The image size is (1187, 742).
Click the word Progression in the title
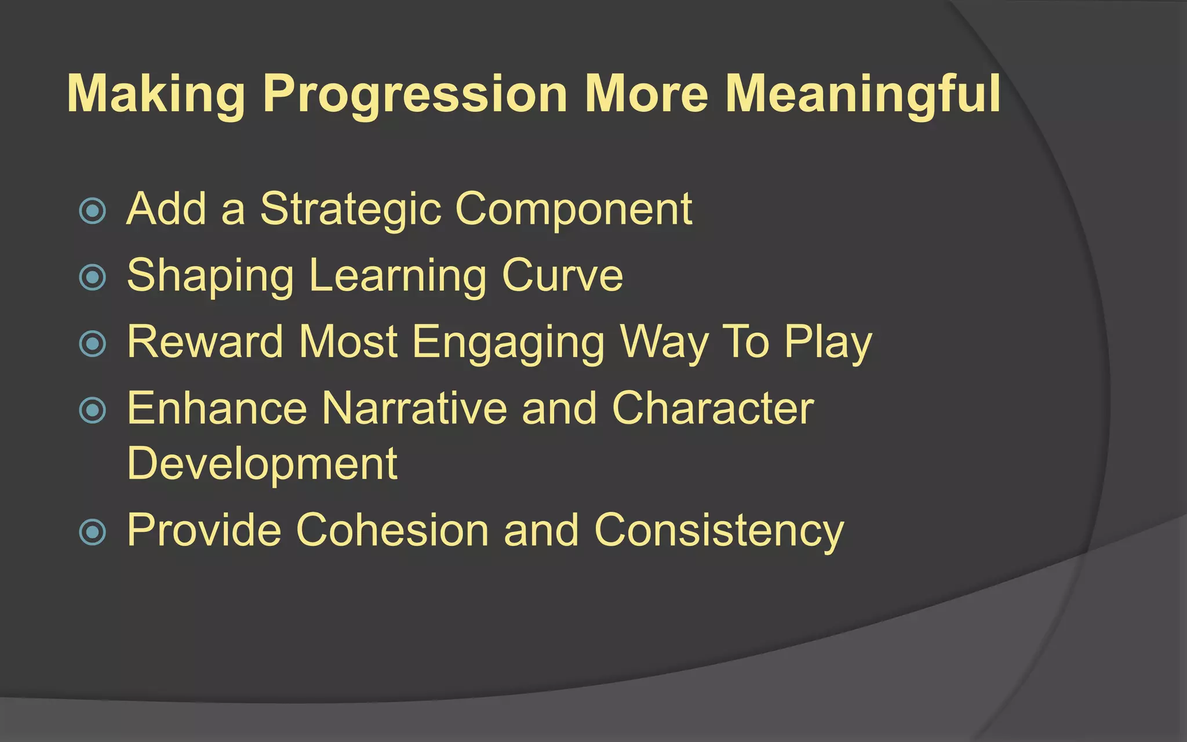coord(415,94)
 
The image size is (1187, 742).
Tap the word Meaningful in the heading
coord(862,94)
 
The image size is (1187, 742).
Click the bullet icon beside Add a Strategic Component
coord(93,211)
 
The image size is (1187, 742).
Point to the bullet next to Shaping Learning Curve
coord(93,277)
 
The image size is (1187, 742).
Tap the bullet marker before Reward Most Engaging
coord(93,344)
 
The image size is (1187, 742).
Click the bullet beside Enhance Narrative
coord(93,410)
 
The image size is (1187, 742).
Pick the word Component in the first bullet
coord(574,210)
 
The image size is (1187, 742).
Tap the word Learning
coord(398,276)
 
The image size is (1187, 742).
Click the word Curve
coord(562,276)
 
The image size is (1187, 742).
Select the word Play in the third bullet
coord(828,343)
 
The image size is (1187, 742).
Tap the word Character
coord(713,409)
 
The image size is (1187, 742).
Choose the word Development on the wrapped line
coord(262,464)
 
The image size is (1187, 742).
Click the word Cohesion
coord(392,530)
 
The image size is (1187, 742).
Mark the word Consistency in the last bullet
coord(719,530)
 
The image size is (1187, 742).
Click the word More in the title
coord(646,94)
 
